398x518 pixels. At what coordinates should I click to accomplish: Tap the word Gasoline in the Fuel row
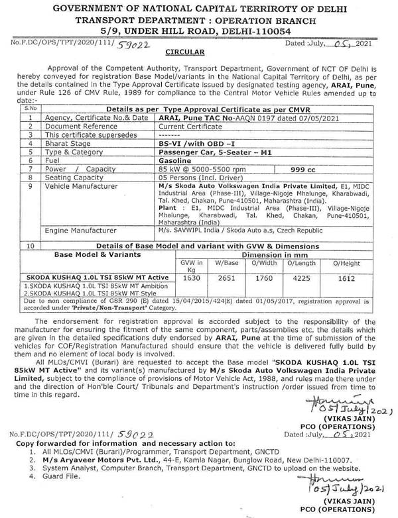(176, 160)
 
